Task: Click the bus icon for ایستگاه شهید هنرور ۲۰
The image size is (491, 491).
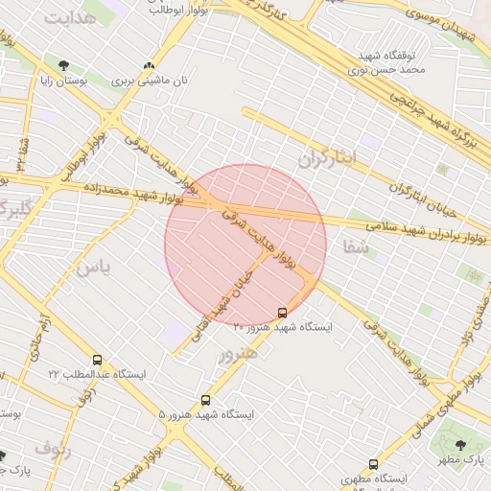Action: coord(282,313)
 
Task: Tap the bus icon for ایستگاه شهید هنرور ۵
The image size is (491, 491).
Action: coord(205,400)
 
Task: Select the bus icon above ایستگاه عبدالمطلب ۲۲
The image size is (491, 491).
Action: coord(97,360)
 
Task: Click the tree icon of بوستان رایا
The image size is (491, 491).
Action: coord(63,66)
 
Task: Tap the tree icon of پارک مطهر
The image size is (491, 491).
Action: coord(461,445)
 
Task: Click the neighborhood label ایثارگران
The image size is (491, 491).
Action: coord(326,156)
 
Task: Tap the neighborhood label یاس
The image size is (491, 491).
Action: coord(92,268)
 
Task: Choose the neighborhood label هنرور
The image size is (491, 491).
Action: coord(239,354)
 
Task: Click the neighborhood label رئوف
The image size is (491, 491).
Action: coord(53,447)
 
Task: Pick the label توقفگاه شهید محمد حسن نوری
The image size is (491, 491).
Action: coord(372,62)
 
